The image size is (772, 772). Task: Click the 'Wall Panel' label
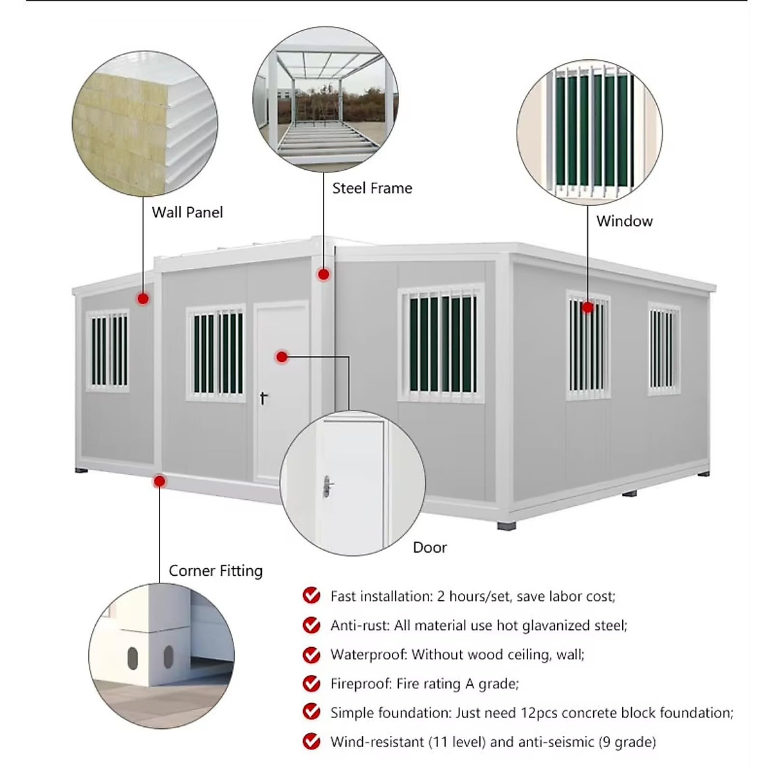[187, 212]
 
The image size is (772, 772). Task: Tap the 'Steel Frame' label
[372, 188]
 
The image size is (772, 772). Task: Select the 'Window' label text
[624, 221]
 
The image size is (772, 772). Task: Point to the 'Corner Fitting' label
[216, 571]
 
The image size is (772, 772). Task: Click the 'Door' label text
[430, 547]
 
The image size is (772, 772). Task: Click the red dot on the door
[282, 356]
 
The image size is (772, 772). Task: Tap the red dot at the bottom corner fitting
[160, 481]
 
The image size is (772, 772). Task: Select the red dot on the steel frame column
[324, 275]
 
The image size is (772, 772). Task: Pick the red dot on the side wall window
[587, 308]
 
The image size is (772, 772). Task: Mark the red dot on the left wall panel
[143, 299]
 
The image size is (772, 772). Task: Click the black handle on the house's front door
[263, 398]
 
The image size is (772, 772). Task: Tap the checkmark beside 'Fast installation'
[311, 596]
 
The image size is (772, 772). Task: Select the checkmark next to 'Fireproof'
[311, 683]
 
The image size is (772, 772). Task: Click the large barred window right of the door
[441, 344]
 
